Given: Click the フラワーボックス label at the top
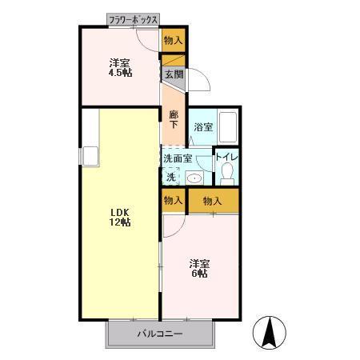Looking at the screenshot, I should tap(134, 18).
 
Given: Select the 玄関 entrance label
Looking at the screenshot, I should tap(174, 74).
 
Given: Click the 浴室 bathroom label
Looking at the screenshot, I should tap(203, 126).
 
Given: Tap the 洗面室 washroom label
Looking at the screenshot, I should tap(178, 158).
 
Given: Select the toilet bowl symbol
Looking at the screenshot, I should tap(227, 172).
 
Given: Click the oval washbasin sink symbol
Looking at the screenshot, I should tap(194, 178).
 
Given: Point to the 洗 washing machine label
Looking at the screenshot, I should tap(171, 177).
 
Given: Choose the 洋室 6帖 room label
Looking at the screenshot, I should tap(199, 267).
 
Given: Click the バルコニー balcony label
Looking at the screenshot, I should tap(159, 334).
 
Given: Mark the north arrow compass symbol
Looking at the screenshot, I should tap(269, 332).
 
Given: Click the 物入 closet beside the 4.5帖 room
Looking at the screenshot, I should tap(174, 39).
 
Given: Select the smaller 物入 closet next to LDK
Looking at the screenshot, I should tap(173, 200).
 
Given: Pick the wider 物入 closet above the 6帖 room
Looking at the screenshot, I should tap(213, 200).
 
